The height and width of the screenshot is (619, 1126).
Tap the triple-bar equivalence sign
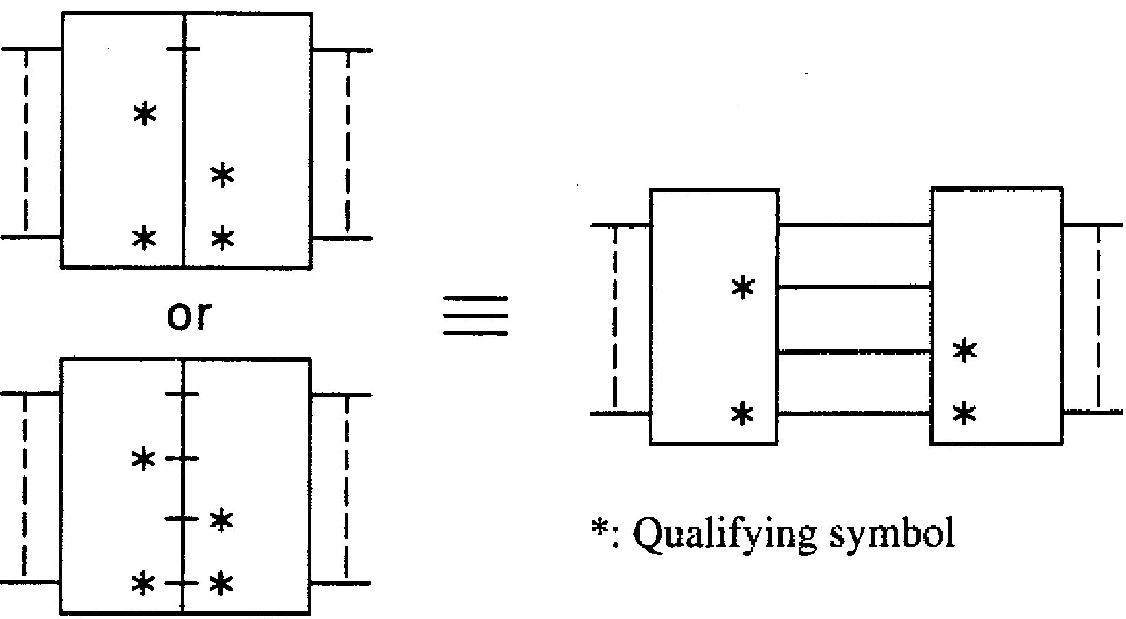tap(475, 316)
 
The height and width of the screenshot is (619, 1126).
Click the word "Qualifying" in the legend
tap(724, 534)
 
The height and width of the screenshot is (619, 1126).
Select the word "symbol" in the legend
tap(891, 534)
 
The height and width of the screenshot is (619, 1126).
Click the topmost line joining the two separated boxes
tap(855, 225)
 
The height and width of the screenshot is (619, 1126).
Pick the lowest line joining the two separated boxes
tap(855, 413)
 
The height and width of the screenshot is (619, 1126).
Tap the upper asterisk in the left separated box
tap(743, 288)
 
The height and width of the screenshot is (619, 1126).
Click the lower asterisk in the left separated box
tap(743, 414)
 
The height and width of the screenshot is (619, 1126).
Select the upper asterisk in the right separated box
tap(964, 351)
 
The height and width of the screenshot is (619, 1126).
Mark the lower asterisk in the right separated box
tap(964, 414)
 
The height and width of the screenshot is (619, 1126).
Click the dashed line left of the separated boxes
tap(615, 318)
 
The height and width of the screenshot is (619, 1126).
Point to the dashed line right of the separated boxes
tap(1099, 318)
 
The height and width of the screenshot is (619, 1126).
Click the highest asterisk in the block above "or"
tap(145, 114)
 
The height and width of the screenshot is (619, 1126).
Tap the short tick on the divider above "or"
tap(184, 49)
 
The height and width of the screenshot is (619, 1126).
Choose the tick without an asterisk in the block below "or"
tap(182, 395)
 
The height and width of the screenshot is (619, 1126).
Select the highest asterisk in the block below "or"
tap(143, 459)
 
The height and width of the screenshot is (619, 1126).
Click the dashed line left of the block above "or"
tap(25, 142)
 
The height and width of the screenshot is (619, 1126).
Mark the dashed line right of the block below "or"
tap(347, 488)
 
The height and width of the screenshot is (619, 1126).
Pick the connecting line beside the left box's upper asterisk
tap(855, 287)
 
